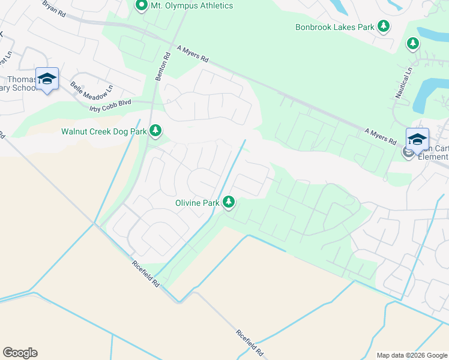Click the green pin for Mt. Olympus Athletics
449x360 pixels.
[x=142, y=6]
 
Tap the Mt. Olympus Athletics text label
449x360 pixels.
[x=191, y=6]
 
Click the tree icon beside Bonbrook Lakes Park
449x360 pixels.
[x=383, y=26]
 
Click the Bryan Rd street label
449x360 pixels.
[x=54, y=8]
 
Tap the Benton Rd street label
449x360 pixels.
[x=160, y=66]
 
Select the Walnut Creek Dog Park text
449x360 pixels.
[x=104, y=131]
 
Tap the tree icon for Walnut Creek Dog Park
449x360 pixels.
[x=155, y=130]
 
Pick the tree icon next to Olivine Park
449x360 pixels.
[x=229, y=202]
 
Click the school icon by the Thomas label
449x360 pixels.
[x=47, y=79]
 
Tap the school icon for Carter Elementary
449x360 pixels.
[x=417, y=139]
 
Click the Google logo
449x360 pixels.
[x=20, y=353]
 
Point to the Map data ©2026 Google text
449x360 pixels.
[x=411, y=355]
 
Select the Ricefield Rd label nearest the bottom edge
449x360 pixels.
[x=250, y=343]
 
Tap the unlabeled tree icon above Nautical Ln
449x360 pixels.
[x=412, y=43]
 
